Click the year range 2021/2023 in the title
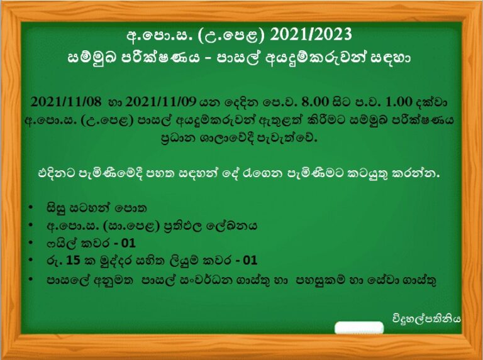point(311,35)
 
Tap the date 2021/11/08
point(65,102)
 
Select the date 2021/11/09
point(160,102)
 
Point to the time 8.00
point(315,102)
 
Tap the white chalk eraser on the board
point(359,328)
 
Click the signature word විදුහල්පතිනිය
point(426,319)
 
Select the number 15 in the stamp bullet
point(73,261)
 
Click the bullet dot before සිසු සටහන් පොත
point(30,207)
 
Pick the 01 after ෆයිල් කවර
point(128,243)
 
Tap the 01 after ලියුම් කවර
point(250,261)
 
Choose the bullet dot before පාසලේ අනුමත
point(30,279)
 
